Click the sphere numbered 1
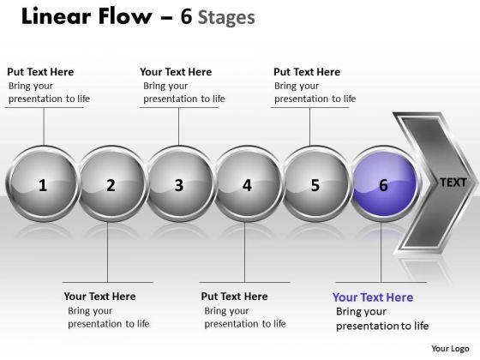[x=43, y=183]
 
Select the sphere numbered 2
[x=111, y=183]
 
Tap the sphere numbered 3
[x=179, y=183]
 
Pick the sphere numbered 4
[x=248, y=183]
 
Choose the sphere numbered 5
[x=316, y=183]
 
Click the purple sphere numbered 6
[x=384, y=183]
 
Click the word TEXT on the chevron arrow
[x=453, y=183]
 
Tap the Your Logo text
[x=450, y=348]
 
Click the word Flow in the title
[x=125, y=16]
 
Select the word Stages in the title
[x=226, y=18]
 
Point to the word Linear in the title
[x=57, y=16]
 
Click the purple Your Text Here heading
[x=373, y=297]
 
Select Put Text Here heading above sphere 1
[x=40, y=72]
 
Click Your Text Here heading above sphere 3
[x=176, y=72]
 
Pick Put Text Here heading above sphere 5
[x=307, y=72]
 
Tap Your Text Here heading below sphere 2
[x=99, y=297]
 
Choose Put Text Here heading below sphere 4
[x=234, y=297]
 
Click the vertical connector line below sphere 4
[x=244, y=252]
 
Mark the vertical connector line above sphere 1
[x=44, y=127]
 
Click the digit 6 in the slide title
[x=186, y=16]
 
